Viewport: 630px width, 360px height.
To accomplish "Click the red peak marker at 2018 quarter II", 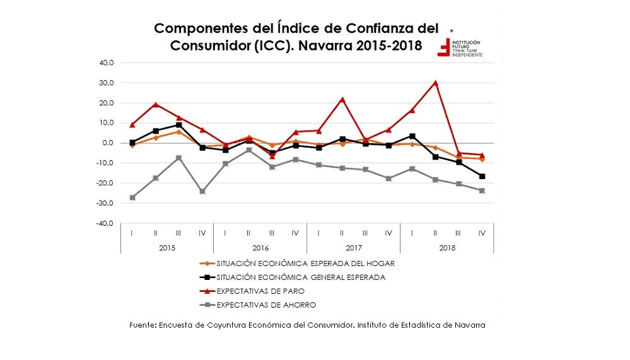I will (x=435, y=83).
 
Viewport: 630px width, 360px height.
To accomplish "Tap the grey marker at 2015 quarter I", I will (x=132, y=197).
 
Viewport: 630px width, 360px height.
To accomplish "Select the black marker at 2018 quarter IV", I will (x=482, y=176).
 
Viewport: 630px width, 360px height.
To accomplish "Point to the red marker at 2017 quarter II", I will (x=342, y=99).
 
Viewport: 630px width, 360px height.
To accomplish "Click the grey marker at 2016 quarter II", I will (x=248, y=149).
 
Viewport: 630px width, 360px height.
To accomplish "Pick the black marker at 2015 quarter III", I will (x=178, y=125).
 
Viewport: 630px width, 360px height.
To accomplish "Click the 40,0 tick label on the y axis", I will (x=105, y=63).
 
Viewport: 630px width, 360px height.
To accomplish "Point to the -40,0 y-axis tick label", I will (x=104, y=223).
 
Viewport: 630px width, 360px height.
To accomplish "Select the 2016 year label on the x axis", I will (x=260, y=248).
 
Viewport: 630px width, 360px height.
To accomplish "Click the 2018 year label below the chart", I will (x=446, y=248).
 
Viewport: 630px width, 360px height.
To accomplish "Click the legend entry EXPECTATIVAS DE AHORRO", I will (x=265, y=305).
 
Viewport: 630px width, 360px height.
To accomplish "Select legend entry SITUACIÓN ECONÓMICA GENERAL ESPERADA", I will (x=300, y=277).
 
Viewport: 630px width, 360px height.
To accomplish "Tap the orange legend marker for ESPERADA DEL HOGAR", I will (x=207, y=264).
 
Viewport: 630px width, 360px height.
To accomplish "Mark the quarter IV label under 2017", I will (x=388, y=233).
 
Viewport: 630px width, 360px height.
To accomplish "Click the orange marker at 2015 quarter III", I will (x=178, y=132).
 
